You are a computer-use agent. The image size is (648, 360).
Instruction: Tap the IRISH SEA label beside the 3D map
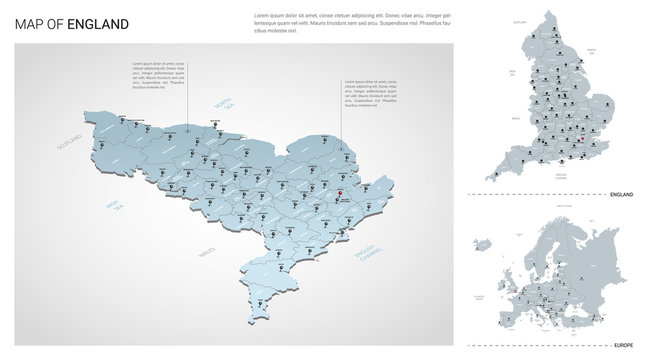(119, 206)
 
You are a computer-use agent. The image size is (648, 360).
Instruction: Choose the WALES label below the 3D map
(207, 251)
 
